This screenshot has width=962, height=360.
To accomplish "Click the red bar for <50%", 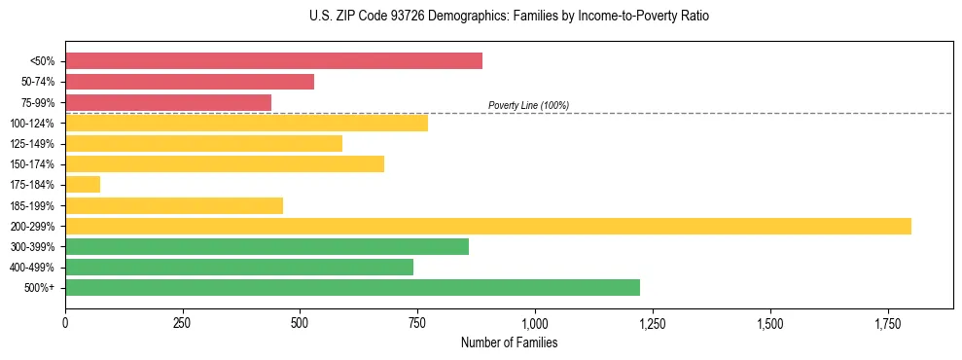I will [273, 61].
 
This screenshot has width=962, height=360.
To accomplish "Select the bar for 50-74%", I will [190, 82].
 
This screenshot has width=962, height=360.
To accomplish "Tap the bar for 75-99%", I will [168, 102].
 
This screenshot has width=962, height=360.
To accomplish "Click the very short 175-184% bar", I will [83, 184].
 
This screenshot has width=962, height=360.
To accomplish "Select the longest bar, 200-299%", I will [488, 226].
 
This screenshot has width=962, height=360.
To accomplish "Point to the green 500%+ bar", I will [352, 287].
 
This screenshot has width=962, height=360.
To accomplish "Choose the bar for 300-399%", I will [267, 246].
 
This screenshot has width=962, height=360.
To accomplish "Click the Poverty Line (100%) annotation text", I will [528, 105].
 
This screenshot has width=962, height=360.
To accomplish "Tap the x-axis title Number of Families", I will [509, 343].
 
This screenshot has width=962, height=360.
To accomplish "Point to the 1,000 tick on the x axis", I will [535, 321].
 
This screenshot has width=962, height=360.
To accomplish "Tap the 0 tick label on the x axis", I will [65, 321].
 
